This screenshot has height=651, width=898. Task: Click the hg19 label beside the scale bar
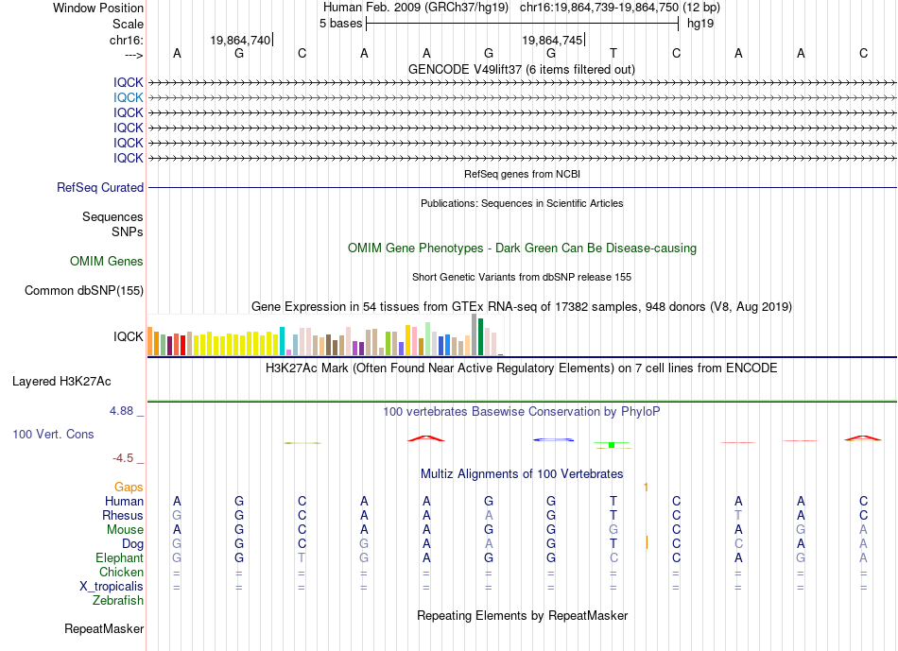tap(700, 24)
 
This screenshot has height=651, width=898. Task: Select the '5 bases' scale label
tap(340, 24)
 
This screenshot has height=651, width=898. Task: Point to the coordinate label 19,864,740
tap(240, 40)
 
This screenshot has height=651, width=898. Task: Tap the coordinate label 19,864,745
tap(552, 40)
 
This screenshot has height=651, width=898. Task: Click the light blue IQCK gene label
tap(129, 98)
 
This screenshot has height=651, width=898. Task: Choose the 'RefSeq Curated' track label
tap(100, 187)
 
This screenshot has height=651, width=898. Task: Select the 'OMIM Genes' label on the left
tap(107, 261)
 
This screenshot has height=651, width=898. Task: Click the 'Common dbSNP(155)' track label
tap(84, 290)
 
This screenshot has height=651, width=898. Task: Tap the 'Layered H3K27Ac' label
tap(61, 382)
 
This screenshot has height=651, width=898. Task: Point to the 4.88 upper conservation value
tap(121, 411)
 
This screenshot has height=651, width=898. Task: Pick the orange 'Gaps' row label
tap(129, 487)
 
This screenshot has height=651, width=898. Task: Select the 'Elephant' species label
tap(120, 557)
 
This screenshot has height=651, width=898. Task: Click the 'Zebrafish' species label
tap(118, 600)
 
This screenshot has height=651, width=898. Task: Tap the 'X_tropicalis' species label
tap(112, 587)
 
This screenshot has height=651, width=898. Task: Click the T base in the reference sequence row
tap(613, 53)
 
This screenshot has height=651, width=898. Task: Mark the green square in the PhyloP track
tap(612, 445)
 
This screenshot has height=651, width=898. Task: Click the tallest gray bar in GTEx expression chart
tap(474, 334)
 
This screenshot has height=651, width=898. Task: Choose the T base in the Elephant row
tap(302, 557)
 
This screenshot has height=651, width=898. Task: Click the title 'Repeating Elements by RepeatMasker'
tap(523, 615)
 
